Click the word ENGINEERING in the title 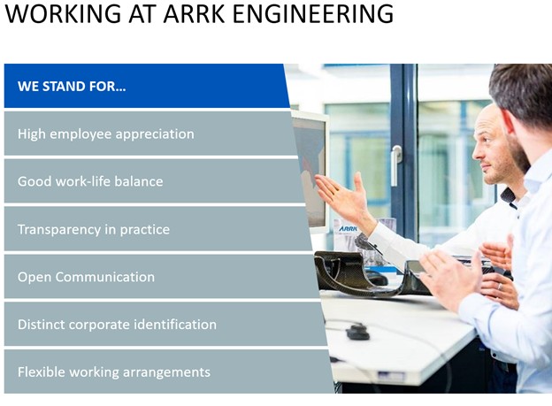pos(313,14)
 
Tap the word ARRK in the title pos(195,14)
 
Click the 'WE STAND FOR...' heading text pos(72,87)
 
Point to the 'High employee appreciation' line pos(106,134)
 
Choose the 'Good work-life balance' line pos(90,181)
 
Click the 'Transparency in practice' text pos(94,230)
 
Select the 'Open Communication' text pos(87,277)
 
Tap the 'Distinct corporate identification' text pos(118,325)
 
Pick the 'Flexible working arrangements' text pos(114,372)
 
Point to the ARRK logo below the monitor pos(348,228)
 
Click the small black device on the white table pos(358,333)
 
